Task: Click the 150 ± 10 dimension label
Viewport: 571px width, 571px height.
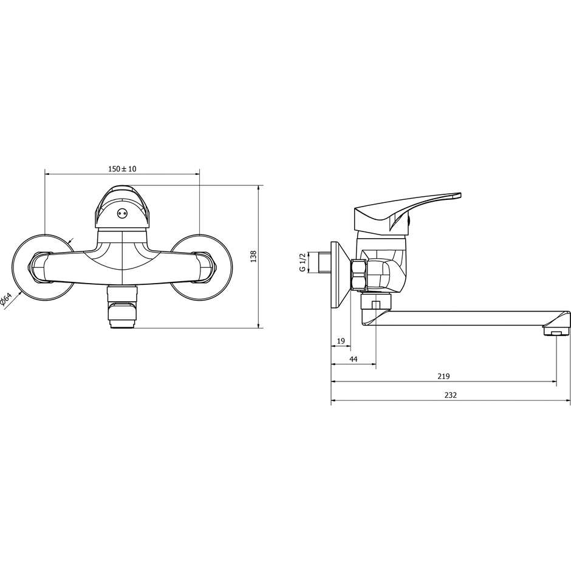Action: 122,169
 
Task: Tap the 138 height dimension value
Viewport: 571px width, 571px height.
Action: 254,256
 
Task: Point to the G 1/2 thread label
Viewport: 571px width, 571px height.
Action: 302,262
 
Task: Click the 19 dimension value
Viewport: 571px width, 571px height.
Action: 341,341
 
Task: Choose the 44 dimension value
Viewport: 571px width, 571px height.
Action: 354,359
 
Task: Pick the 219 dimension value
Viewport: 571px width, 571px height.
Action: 443,377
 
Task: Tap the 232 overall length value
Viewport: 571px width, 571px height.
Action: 451,395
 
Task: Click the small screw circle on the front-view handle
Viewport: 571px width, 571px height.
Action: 122,214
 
